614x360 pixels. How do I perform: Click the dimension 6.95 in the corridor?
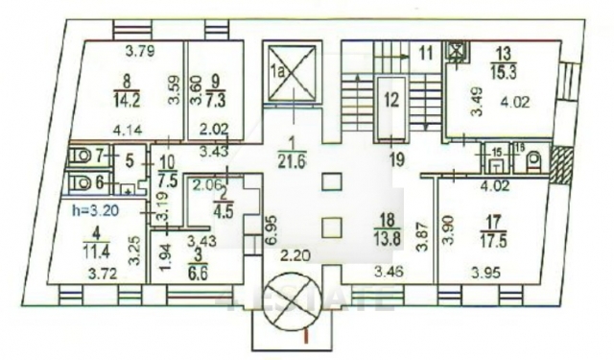[x=271, y=228]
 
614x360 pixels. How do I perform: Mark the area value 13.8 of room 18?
[x=387, y=235]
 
